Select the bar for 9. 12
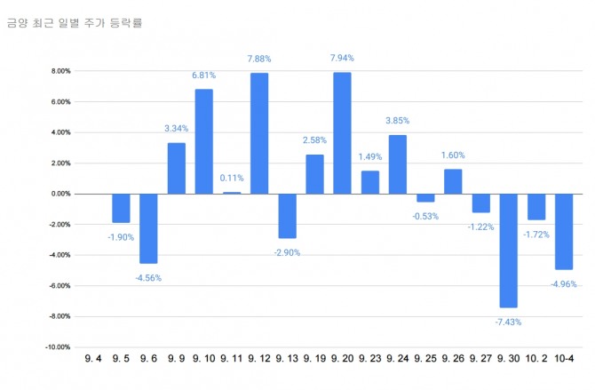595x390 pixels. pyautogui.click(x=259, y=133)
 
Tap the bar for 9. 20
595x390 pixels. pyautogui.click(x=342, y=133)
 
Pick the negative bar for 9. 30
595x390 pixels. pyautogui.click(x=508, y=250)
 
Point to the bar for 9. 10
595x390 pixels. pyautogui.click(x=204, y=141)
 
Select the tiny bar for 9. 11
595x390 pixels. pyautogui.click(x=232, y=193)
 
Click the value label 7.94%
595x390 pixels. pyautogui.click(x=342, y=59)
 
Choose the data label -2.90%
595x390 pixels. pyautogui.click(x=288, y=252)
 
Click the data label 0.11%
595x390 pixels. pyautogui.click(x=232, y=179)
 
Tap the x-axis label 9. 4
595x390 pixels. pyautogui.click(x=93, y=360)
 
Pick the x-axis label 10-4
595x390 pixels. pyautogui.click(x=563, y=360)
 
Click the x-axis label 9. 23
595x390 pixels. pyautogui.click(x=370, y=360)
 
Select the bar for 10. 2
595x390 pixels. pyautogui.click(x=535, y=206)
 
